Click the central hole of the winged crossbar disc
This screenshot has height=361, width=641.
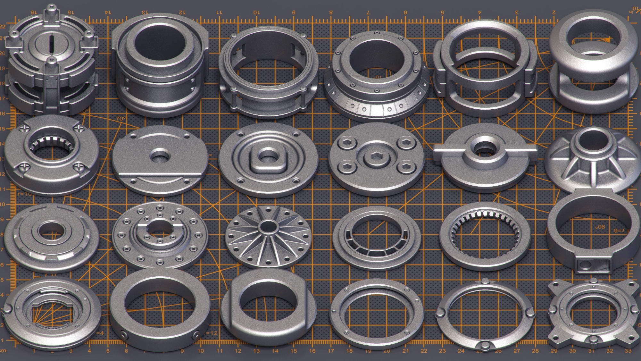pyautogui.click(x=485, y=148)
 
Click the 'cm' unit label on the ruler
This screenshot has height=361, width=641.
pyautogui.click(x=3, y=350)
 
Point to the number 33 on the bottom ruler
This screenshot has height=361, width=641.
pyautogui.click(x=628, y=351)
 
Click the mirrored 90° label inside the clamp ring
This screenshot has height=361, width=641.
pyautogui.click(x=600, y=227)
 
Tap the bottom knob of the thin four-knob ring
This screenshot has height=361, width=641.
pyautogui.click(x=485, y=345)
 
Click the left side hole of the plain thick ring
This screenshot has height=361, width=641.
pyautogui.click(x=124, y=335)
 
